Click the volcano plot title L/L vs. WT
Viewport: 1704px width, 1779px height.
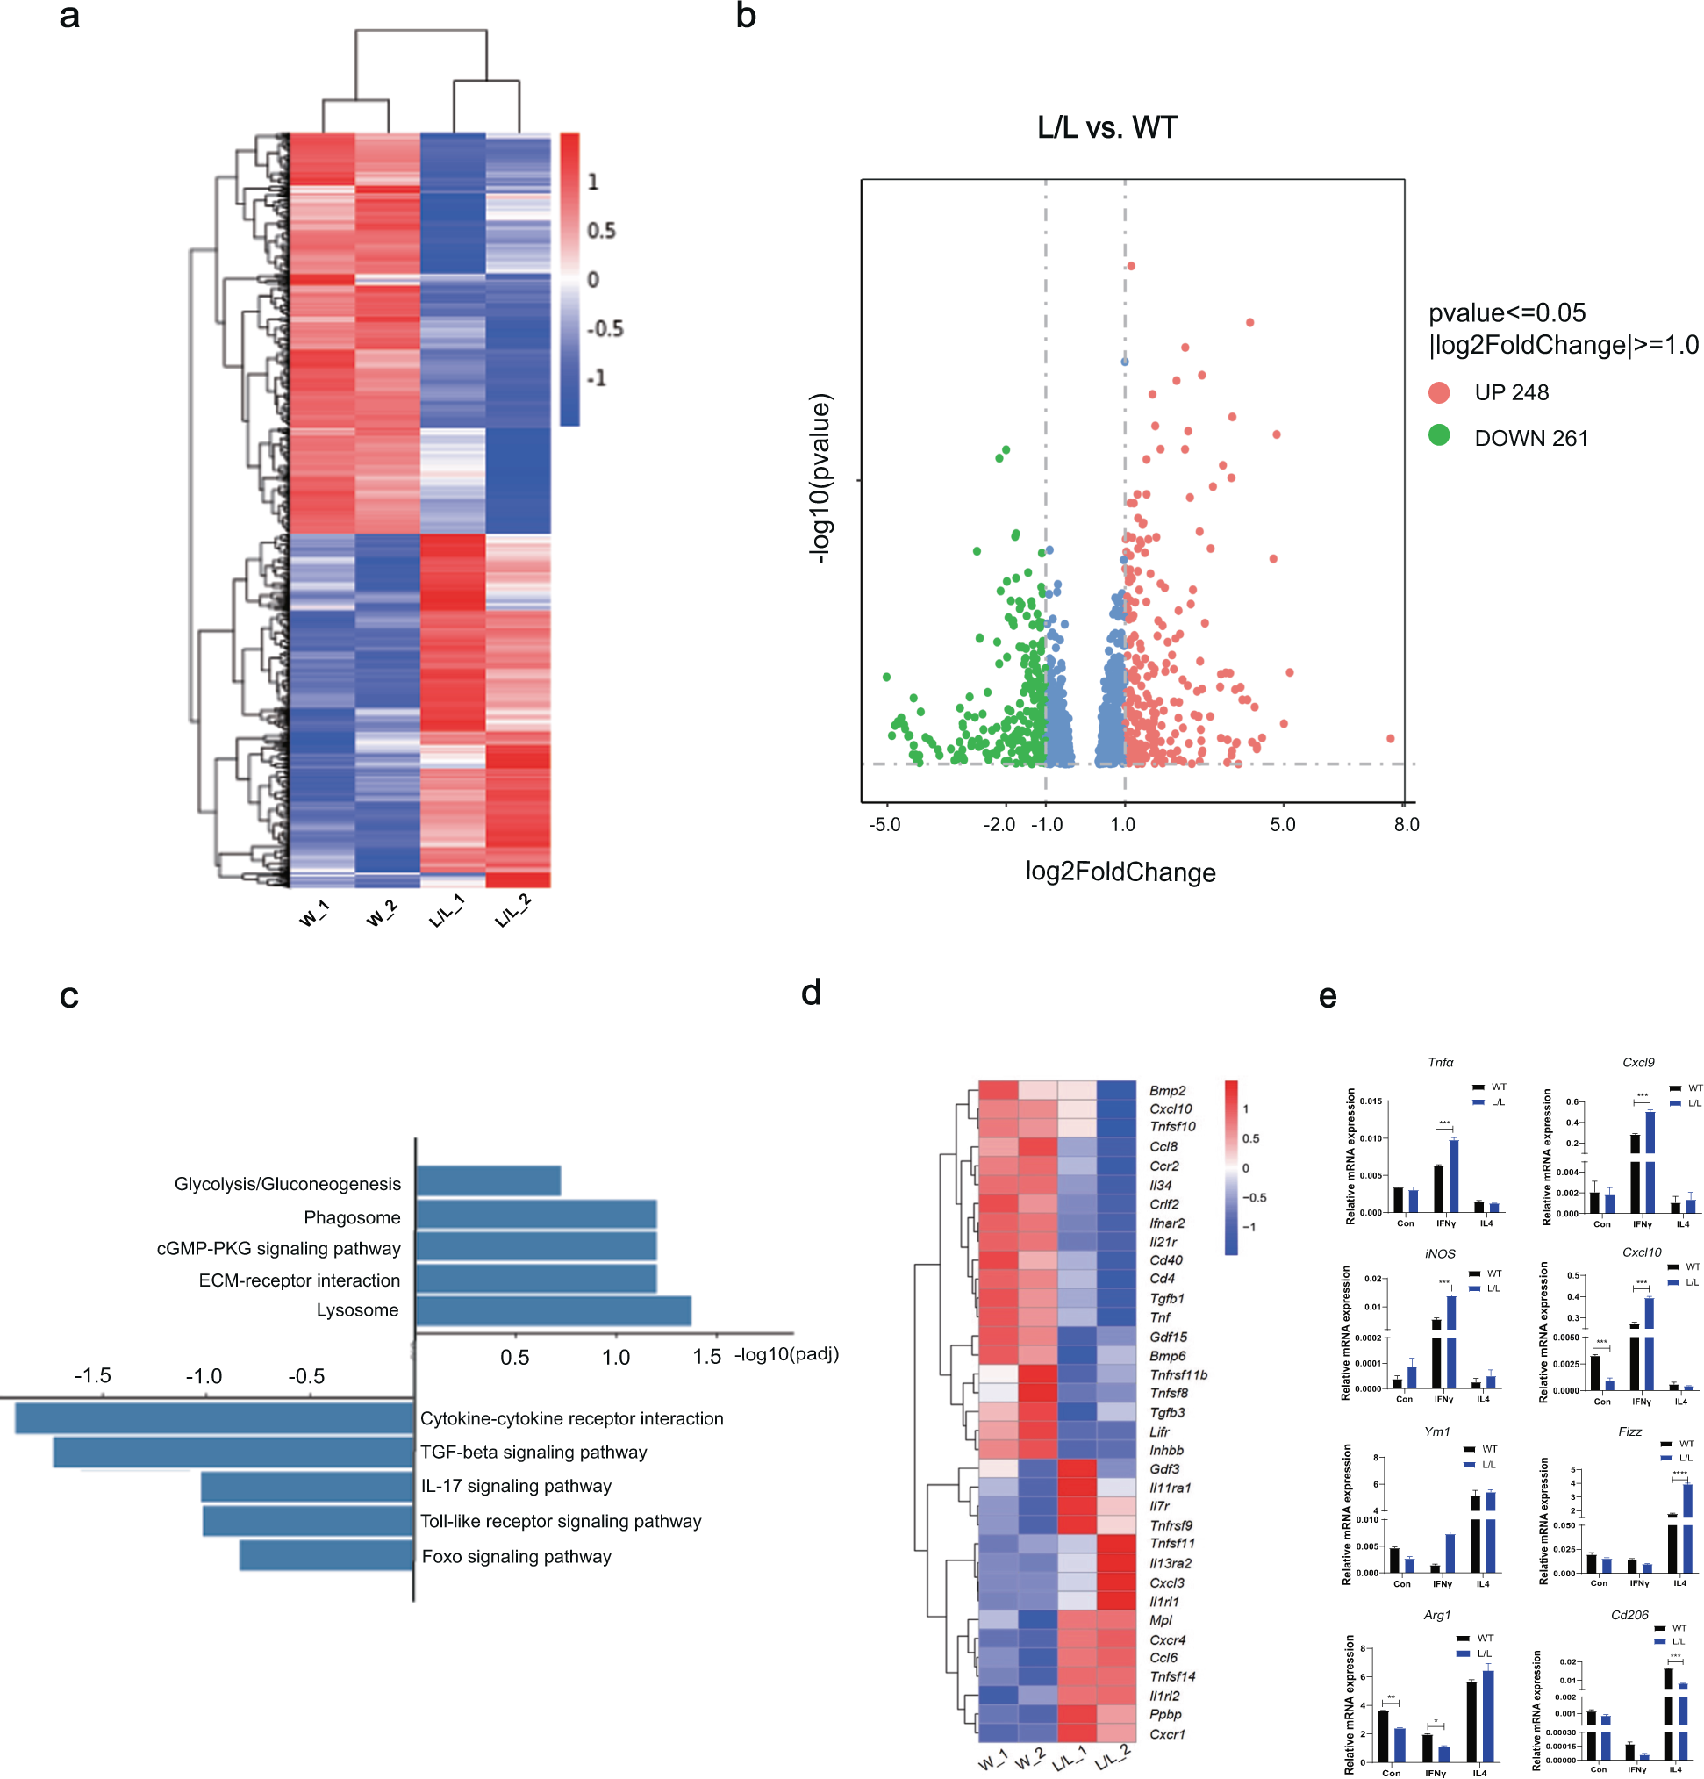[1106, 127]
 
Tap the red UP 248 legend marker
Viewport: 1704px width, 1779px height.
[1438, 392]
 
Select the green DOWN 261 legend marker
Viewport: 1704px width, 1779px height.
[1438, 435]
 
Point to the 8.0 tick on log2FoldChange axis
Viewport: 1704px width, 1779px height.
[1406, 824]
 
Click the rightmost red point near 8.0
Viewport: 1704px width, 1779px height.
[1389, 739]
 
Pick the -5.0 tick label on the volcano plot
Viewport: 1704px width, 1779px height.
[884, 824]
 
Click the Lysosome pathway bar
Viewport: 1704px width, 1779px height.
[554, 1310]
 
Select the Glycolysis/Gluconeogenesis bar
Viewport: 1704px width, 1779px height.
[488, 1180]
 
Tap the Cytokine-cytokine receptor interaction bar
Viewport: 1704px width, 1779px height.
[214, 1418]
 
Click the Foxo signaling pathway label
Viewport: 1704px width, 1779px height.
[516, 1557]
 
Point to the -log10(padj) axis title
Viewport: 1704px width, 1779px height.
[787, 1354]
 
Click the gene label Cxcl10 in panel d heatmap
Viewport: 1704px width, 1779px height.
[1171, 1109]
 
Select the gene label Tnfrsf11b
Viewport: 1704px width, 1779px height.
[1178, 1375]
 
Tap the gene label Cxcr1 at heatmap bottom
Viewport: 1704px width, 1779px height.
[1167, 1734]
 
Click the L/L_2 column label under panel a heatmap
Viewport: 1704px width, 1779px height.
[512, 910]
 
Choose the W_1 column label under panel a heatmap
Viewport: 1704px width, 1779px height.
[314, 913]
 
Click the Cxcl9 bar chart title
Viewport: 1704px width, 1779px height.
[1638, 1062]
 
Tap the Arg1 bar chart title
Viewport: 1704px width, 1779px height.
[1436, 1615]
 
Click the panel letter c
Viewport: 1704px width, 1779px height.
[69, 995]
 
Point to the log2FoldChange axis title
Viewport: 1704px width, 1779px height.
[1120, 872]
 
